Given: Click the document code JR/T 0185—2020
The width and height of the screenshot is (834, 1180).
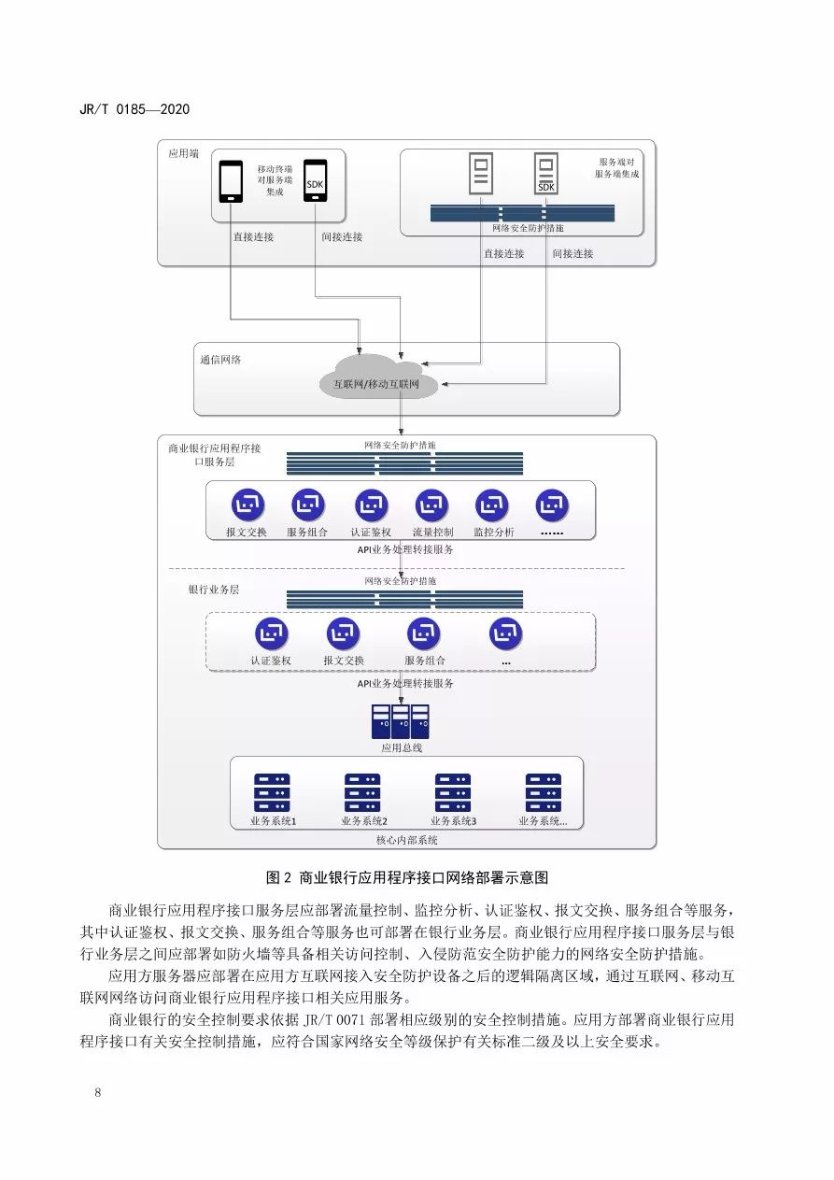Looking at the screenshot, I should pos(135,109).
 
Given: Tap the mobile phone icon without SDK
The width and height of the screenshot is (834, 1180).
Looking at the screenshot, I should pos(231,181).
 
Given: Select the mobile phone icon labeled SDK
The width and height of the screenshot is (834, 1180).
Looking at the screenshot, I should pos(315,181).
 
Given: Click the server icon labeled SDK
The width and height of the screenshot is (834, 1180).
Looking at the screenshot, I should pos(545,174).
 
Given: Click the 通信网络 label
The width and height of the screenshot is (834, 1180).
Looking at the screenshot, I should pos(220,359).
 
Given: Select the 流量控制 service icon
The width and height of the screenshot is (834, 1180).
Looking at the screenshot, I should pos(431,505).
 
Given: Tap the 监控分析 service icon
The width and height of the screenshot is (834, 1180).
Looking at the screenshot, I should pos(492,505).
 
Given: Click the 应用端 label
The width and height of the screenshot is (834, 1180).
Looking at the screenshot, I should pos(183,153).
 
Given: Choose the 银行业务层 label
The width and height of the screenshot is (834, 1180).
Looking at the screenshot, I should pos(214,590).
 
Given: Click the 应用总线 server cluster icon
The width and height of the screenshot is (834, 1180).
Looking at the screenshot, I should pos(401,721).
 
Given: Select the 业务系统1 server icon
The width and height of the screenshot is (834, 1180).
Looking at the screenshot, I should pos(272,792).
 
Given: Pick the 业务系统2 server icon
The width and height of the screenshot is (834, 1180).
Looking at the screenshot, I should pos(362,792).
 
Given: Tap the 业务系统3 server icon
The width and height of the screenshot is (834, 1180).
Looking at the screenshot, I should pos(453,792).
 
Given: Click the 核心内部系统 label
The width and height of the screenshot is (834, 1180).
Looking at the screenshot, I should pos(406,840).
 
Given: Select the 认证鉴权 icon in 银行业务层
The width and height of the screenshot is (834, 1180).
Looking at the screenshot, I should pos(271,634).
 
